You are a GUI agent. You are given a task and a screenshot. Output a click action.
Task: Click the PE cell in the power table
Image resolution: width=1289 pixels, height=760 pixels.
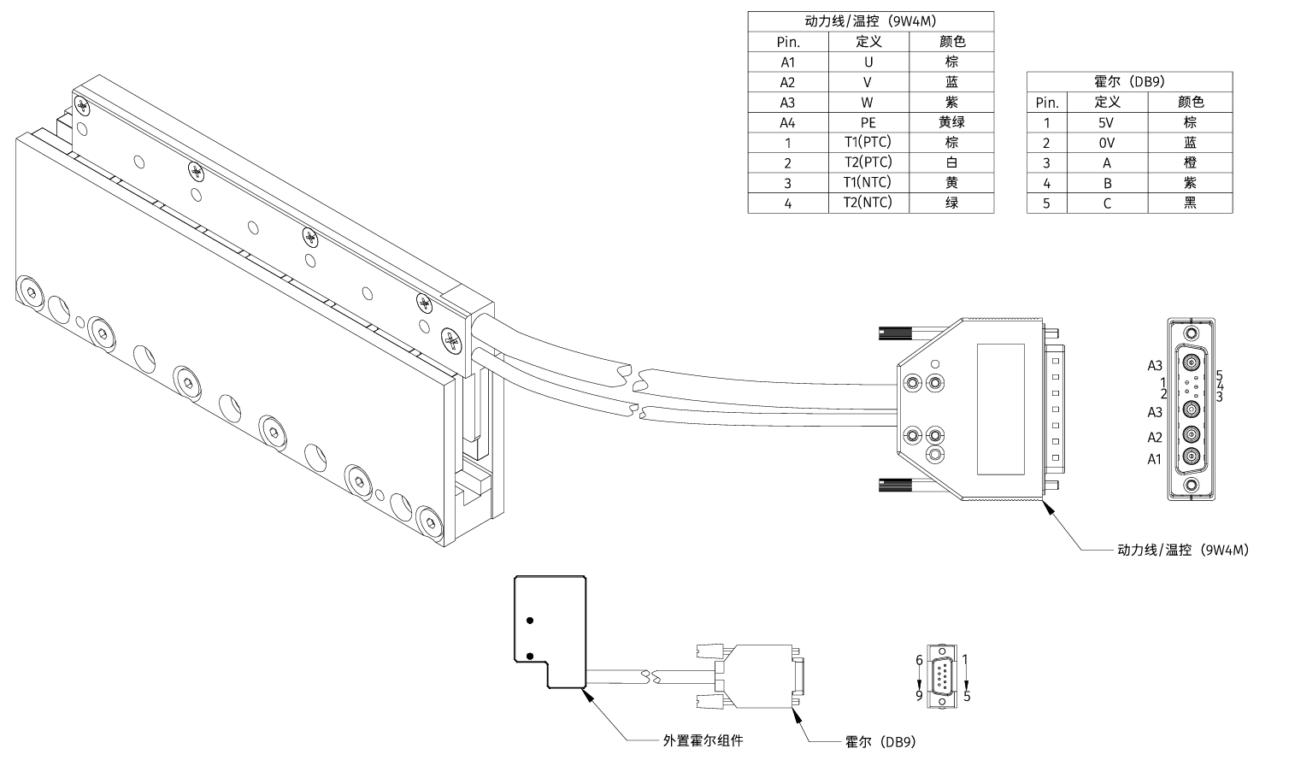tap(868, 122)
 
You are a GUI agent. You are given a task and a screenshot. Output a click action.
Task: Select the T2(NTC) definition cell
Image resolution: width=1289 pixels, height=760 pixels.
tap(868, 203)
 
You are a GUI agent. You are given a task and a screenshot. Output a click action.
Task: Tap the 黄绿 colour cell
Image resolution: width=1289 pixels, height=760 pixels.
tap(951, 122)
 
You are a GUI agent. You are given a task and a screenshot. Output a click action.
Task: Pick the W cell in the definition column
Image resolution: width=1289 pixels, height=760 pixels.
tap(868, 103)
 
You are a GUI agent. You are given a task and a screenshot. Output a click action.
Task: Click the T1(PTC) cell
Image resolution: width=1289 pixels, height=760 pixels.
tap(868, 142)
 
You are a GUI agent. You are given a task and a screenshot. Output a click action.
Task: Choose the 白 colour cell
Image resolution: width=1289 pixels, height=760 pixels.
tap(951, 162)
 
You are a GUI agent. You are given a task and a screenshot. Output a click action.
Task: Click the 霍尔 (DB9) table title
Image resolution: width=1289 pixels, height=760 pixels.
tap(1129, 82)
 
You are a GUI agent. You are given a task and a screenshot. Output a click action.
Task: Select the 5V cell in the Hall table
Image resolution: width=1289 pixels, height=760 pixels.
tap(1107, 122)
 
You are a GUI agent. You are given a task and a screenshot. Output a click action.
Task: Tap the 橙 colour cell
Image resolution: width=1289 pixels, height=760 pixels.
tap(1190, 162)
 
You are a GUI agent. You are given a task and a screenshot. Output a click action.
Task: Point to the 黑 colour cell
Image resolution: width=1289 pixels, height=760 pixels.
tap(1190, 203)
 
